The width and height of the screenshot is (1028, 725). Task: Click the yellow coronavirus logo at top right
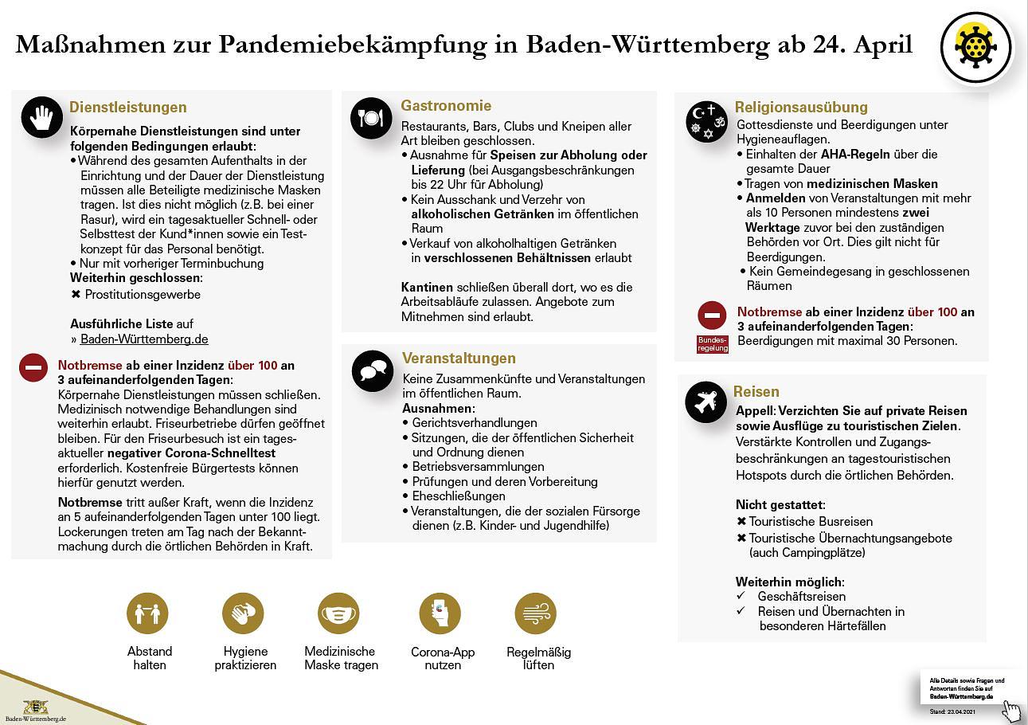pyautogui.click(x=975, y=47)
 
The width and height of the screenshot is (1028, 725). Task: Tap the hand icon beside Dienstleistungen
pyautogui.click(x=41, y=117)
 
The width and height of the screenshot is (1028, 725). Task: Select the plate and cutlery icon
pyautogui.click(x=370, y=118)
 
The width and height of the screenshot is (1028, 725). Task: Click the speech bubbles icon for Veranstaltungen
pyautogui.click(x=372, y=370)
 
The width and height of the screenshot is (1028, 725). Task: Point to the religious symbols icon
pyautogui.click(x=706, y=120)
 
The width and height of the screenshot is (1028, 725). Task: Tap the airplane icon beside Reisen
pyautogui.click(x=705, y=402)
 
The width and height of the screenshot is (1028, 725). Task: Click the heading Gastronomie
pyautogui.click(x=446, y=105)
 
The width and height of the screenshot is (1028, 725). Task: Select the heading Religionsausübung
pyautogui.click(x=801, y=107)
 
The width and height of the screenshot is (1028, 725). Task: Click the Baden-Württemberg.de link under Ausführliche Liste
pyautogui.click(x=144, y=339)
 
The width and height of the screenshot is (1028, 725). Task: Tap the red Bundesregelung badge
pyautogui.click(x=713, y=343)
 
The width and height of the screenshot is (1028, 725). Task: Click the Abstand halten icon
pyautogui.click(x=147, y=613)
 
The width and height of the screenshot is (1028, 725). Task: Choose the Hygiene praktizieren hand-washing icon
pyautogui.click(x=243, y=613)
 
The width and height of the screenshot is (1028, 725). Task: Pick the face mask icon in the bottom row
pyautogui.click(x=338, y=613)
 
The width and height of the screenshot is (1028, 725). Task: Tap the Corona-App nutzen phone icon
pyautogui.click(x=440, y=613)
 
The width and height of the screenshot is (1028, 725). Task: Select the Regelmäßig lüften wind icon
pyautogui.click(x=536, y=613)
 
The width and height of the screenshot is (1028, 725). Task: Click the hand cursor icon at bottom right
pyautogui.click(x=1010, y=709)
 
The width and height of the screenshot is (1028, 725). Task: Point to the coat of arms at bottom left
pyautogui.click(x=35, y=706)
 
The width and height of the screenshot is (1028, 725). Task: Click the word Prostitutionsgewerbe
pyautogui.click(x=143, y=294)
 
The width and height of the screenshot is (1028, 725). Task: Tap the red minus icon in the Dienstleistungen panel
pyautogui.click(x=34, y=368)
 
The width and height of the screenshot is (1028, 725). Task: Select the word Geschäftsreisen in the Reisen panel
pyautogui.click(x=801, y=596)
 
